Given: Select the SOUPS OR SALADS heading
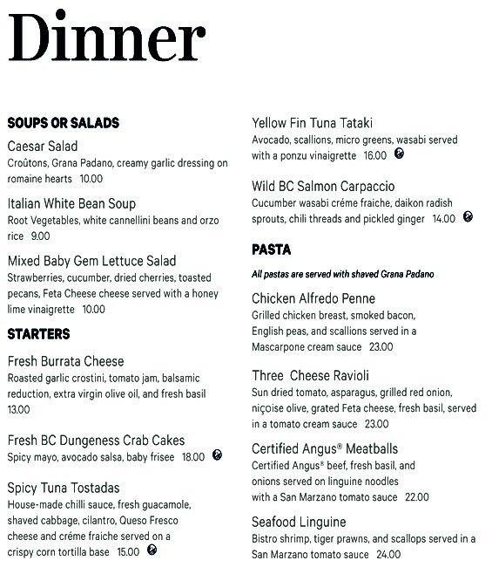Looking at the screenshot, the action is [63, 123].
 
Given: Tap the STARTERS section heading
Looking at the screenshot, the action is [38, 334].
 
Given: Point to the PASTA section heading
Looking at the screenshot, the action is [271, 249].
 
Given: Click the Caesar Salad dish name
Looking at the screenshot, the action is [42, 147].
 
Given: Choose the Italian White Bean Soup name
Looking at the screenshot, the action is [71, 203].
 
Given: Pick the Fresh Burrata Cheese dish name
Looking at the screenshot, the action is [65, 361].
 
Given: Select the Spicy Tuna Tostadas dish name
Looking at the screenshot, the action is [64, 488].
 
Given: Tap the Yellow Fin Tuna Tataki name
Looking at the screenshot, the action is [312, 123].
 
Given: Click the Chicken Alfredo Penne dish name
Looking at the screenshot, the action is [313, 299].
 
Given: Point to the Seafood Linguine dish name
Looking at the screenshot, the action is [299, 522].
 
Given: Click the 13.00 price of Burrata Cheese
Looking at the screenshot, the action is [18, 409].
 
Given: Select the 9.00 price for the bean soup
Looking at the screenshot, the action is [40, 236].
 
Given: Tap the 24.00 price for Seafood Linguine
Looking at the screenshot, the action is [388, 554].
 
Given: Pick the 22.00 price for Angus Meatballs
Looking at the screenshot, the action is [417, 497].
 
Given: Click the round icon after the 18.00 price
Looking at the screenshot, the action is [217, 455].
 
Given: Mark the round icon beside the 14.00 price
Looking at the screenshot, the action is [468, 217].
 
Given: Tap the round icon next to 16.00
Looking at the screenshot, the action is [398, 154].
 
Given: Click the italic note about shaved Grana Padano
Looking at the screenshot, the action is [342, 274].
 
